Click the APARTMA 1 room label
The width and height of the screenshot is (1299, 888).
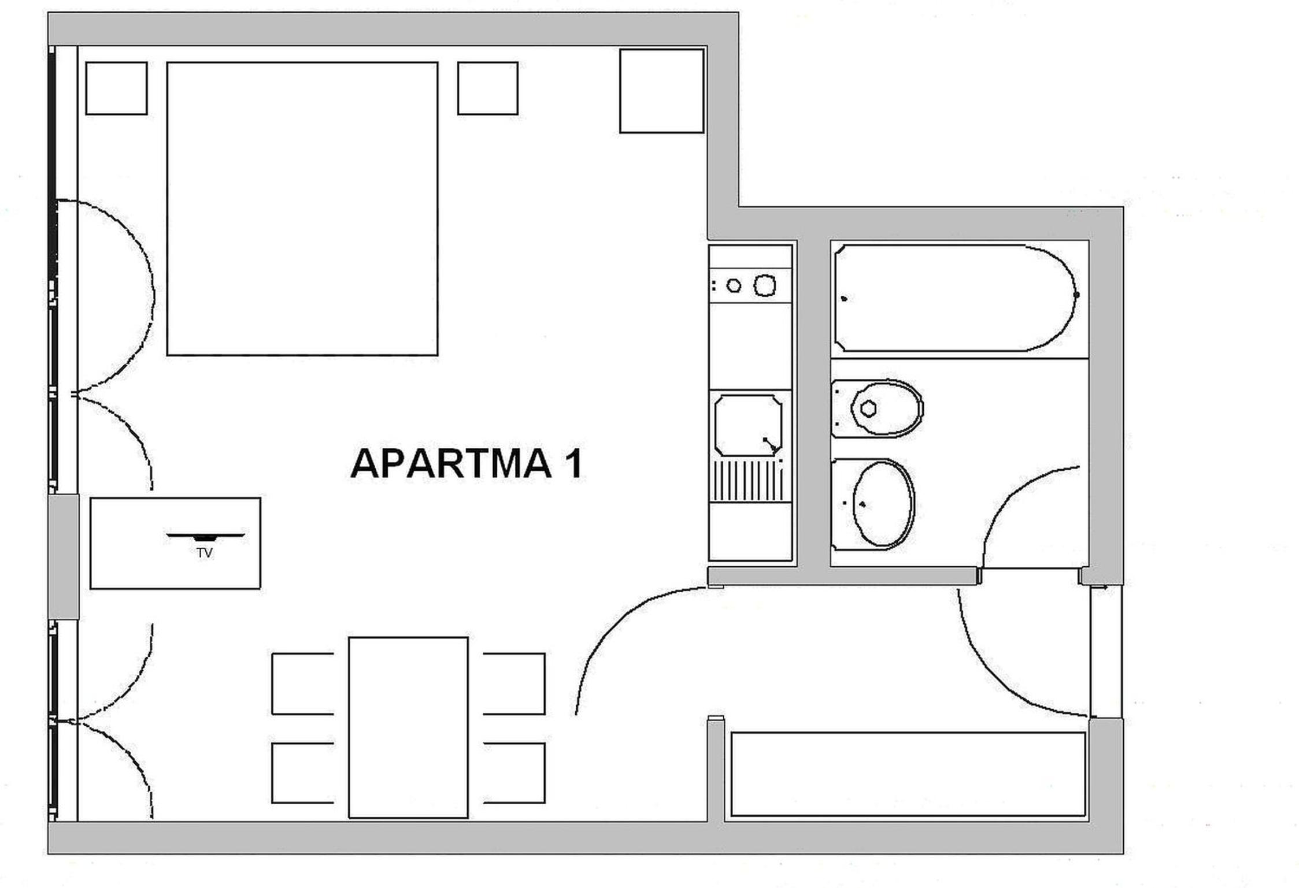[x=466, y=463]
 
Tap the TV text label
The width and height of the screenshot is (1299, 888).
[x=205, y=553]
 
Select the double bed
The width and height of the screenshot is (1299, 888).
[x=302, y=209]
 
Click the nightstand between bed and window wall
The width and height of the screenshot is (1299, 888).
[x=116, y=88]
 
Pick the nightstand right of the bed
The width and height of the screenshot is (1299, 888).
[x=488, y=88]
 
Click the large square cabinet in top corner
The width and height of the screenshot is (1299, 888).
[x=662, y=91]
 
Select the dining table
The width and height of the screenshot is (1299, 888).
[x=408, y=727]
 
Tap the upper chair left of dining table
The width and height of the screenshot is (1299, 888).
[x=302, y=683]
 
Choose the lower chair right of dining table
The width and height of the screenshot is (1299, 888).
[x=515, y=772]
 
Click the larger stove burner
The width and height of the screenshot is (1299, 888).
[x=765, y=285]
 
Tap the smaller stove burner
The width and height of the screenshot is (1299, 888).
[x=734, y=285]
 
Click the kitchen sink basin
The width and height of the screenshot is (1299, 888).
[x=748, y=425]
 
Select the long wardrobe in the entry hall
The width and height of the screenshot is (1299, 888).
[x=908, y=774]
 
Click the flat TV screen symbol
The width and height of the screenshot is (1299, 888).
[x=205, y=537]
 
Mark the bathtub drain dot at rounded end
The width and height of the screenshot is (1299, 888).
[x=1076, y=295]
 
